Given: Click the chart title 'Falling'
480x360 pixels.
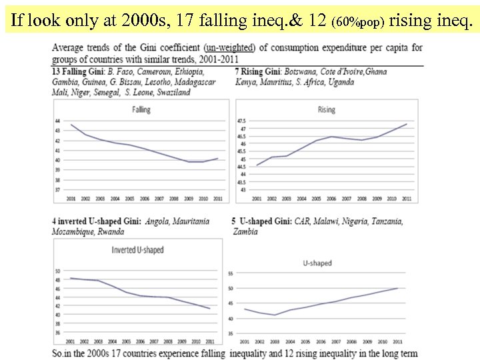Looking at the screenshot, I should point(141,109).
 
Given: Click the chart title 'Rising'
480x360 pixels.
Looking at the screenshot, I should point(326,109).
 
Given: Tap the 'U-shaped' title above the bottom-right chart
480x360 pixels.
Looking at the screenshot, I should point(317,263).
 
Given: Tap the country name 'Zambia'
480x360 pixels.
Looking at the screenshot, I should point(244,232).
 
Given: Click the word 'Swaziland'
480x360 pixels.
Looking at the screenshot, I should point(171,92).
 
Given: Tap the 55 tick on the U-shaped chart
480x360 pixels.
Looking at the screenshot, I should point(230,274).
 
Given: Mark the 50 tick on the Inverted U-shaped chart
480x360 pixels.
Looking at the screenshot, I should point(57,271).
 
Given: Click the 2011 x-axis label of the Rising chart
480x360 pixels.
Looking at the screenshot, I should point(407,199).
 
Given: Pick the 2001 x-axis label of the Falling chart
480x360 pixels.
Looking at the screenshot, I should point(71,199).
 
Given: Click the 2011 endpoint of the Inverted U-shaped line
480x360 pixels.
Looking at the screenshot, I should point(210,309).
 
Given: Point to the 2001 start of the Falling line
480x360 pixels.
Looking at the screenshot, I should point(71,125).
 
